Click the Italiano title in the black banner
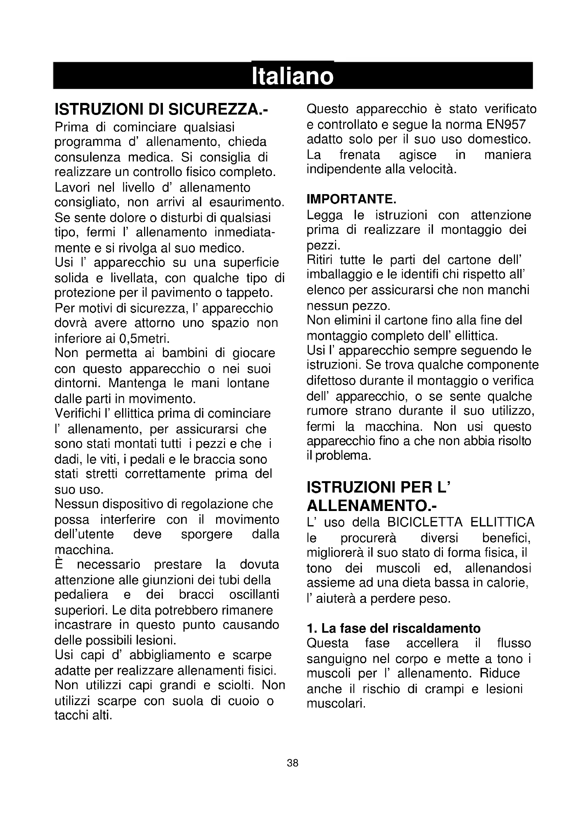[x=292, y=76]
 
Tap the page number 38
[x=292, y=763]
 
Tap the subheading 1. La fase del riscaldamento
[x=393, y=629]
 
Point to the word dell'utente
[x=84, y=534]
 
